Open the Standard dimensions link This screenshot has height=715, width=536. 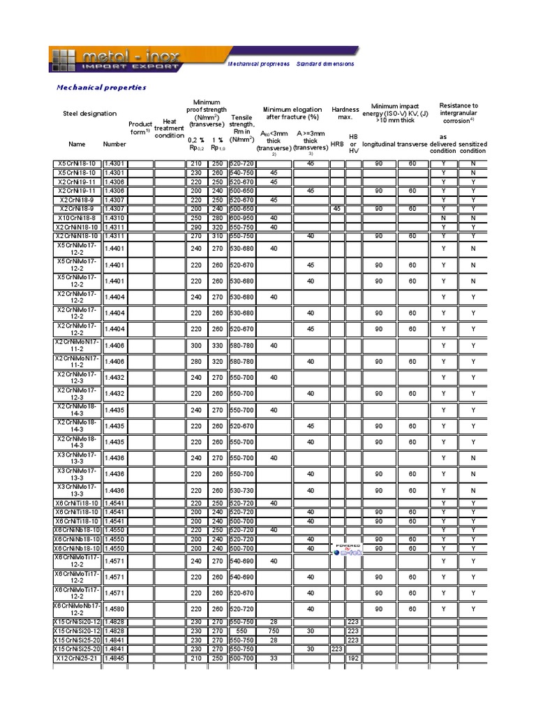click(x=325, y=64)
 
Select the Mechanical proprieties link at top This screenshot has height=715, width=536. click(x=259, y=64)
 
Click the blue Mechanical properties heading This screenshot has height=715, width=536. click(x=101, y=87)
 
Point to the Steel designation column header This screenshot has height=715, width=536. click(x=90, y=113)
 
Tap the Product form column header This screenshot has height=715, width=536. click(x=140, y=128)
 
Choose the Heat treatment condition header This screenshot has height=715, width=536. click(x=169, y=128)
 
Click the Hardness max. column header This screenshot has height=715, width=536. click(x=345, y=113)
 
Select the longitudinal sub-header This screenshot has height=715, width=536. click(x=379, y=144)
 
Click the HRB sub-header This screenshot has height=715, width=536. click(x=337, y=144)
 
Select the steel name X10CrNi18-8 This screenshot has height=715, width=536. click(x=77, y=218)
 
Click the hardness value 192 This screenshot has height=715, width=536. click(x=353, y=658)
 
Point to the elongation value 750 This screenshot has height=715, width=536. click(x=274, y=631)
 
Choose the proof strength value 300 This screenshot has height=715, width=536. click(x=195, y=346)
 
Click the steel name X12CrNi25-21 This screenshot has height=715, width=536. click(x=77, y=658)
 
